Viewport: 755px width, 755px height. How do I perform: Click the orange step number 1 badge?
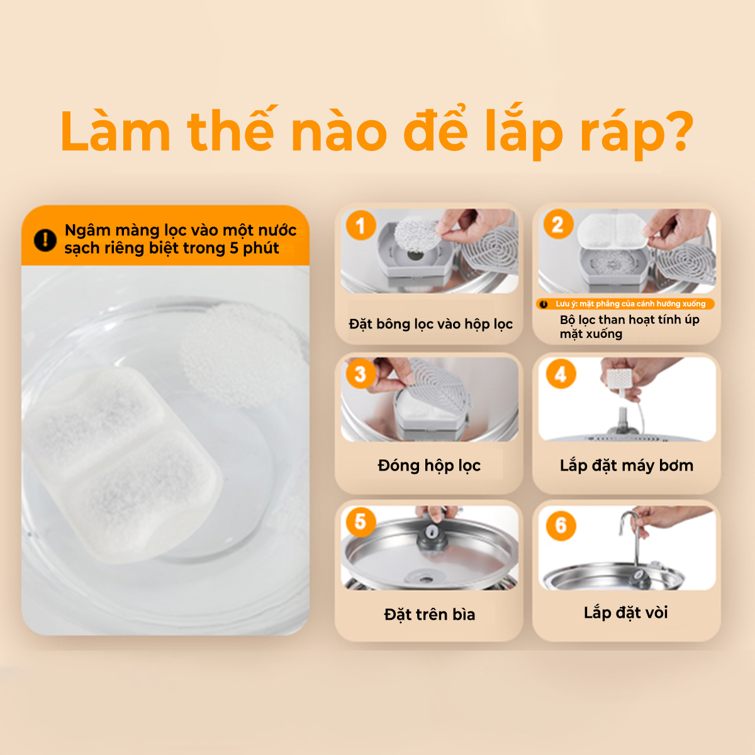pyautogui.click(x=361, y=225)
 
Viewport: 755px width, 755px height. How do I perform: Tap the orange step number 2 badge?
pyautogui.click(x=558, y=225)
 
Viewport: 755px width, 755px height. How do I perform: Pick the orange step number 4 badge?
pyautogui.click(x=561, y=374)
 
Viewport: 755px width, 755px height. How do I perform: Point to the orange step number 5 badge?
pyautogui.click(x=361, y=522)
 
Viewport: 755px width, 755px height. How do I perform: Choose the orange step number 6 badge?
pyautogui.click(x=561, y=525)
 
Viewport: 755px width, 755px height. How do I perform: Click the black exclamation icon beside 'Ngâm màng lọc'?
pyautogui.click(x=45, y=240)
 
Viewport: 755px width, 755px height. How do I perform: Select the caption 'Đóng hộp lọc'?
pyautogui.click(x=429, y=466)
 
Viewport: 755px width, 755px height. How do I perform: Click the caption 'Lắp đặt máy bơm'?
pyautogui.click(x=626, y=466)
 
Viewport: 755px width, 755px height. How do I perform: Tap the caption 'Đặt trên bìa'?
pyautogui.click(x=430, y=614)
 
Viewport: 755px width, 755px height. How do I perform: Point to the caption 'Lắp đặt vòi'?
pyautogui.click(x=625, y=613)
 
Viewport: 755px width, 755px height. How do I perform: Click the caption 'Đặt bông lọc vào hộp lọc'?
pyautogui.click(x=430, y=325)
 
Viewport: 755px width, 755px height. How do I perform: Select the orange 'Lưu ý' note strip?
pyautogui.click(x=625, y=304)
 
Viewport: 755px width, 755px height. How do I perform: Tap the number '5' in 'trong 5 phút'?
pyautogui.click(x=234, y=249)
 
